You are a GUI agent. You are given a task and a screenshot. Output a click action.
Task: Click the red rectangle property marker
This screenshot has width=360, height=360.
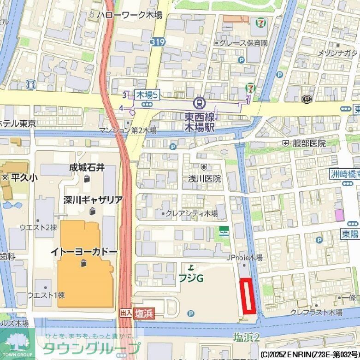pyautogui.click(x=248, y=296)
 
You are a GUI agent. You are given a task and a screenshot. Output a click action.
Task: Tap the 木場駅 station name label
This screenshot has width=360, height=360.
pyautogui.click(x=200, y=128)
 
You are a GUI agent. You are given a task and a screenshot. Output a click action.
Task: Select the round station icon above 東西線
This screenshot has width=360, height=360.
pyautogui.click(x=200, y=102)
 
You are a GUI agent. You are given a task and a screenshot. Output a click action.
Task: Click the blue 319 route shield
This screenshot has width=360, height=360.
pyautogui.click(x=157, y=42)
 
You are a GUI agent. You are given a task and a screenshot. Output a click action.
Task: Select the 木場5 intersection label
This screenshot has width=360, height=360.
pyautogui.click(x=147, y=95)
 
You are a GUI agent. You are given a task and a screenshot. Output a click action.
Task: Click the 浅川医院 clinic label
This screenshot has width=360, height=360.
pyautogui.click(x=204, y=178)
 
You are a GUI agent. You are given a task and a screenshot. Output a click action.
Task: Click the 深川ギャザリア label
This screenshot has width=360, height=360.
pyautogui.click(x=93, y=200)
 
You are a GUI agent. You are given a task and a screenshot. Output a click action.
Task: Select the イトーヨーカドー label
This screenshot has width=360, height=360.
pyautogui.click(x=84, y=253)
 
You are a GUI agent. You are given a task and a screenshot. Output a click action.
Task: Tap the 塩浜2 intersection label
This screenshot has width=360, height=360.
pyautogui.click(x=247, y=337)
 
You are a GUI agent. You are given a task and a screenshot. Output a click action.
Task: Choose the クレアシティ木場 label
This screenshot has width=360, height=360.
pyautogui.click(x=192, y=213)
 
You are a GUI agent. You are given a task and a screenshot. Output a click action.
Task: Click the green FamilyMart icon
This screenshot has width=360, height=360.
pyautogui.click(x=224, y=231)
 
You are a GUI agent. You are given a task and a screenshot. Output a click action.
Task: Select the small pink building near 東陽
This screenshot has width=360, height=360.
pyautogui.click(x=339, y=215)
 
